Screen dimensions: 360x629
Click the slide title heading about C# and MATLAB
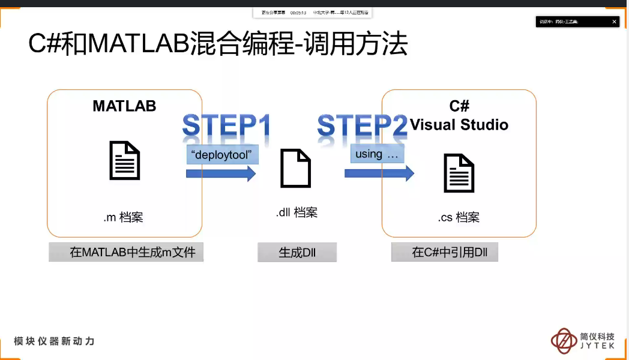218,45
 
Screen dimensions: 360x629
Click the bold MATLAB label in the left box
124,106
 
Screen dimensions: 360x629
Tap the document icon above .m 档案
124,160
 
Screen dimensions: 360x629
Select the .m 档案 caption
123,217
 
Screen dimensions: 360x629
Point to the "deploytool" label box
223,154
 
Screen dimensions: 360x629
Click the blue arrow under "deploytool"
221,173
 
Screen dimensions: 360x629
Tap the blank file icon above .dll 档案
296,169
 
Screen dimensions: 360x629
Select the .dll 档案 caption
296,212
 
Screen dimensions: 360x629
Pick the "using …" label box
377,154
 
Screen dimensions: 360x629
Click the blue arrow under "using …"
379,173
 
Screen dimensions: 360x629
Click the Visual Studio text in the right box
459,125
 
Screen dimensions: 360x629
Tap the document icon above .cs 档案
459,173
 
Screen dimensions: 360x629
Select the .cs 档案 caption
459,217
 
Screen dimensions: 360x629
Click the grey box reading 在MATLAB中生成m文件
126,252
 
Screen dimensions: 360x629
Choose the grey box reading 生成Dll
297,253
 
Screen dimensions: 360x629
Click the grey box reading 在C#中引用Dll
445,253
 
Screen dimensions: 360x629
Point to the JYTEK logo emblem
564,341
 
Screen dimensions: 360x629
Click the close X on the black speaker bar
614,22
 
